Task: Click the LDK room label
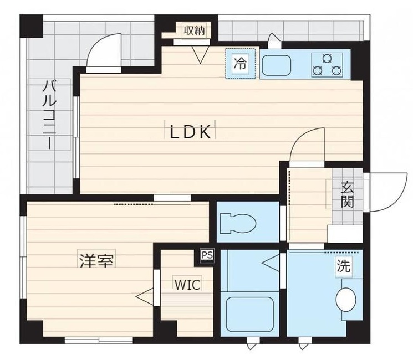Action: [190, 133]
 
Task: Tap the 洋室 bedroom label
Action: [96, 261]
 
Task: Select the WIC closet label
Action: [185, 285]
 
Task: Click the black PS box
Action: [207, 255]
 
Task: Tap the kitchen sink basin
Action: [280, 65]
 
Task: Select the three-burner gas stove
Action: [327, 64]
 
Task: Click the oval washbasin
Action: [346, 299]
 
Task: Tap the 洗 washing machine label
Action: [344, 266]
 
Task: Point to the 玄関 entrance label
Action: [347, 194]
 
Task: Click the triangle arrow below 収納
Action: [200, 54]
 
